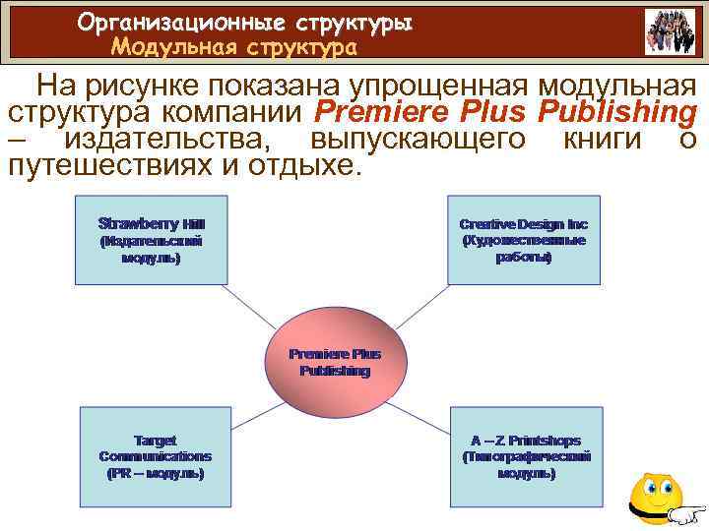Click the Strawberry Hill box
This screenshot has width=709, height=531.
tap(151, 239)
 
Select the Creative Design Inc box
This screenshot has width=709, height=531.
tap(523, 239)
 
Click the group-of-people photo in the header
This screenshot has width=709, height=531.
tap(670, 31)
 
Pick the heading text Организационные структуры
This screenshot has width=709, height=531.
tap(245, 22)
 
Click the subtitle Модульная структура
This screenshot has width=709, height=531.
tap(234, 46)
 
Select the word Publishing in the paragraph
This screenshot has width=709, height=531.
tap(619, 111)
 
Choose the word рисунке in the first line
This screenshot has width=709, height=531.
tap(148, 86)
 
